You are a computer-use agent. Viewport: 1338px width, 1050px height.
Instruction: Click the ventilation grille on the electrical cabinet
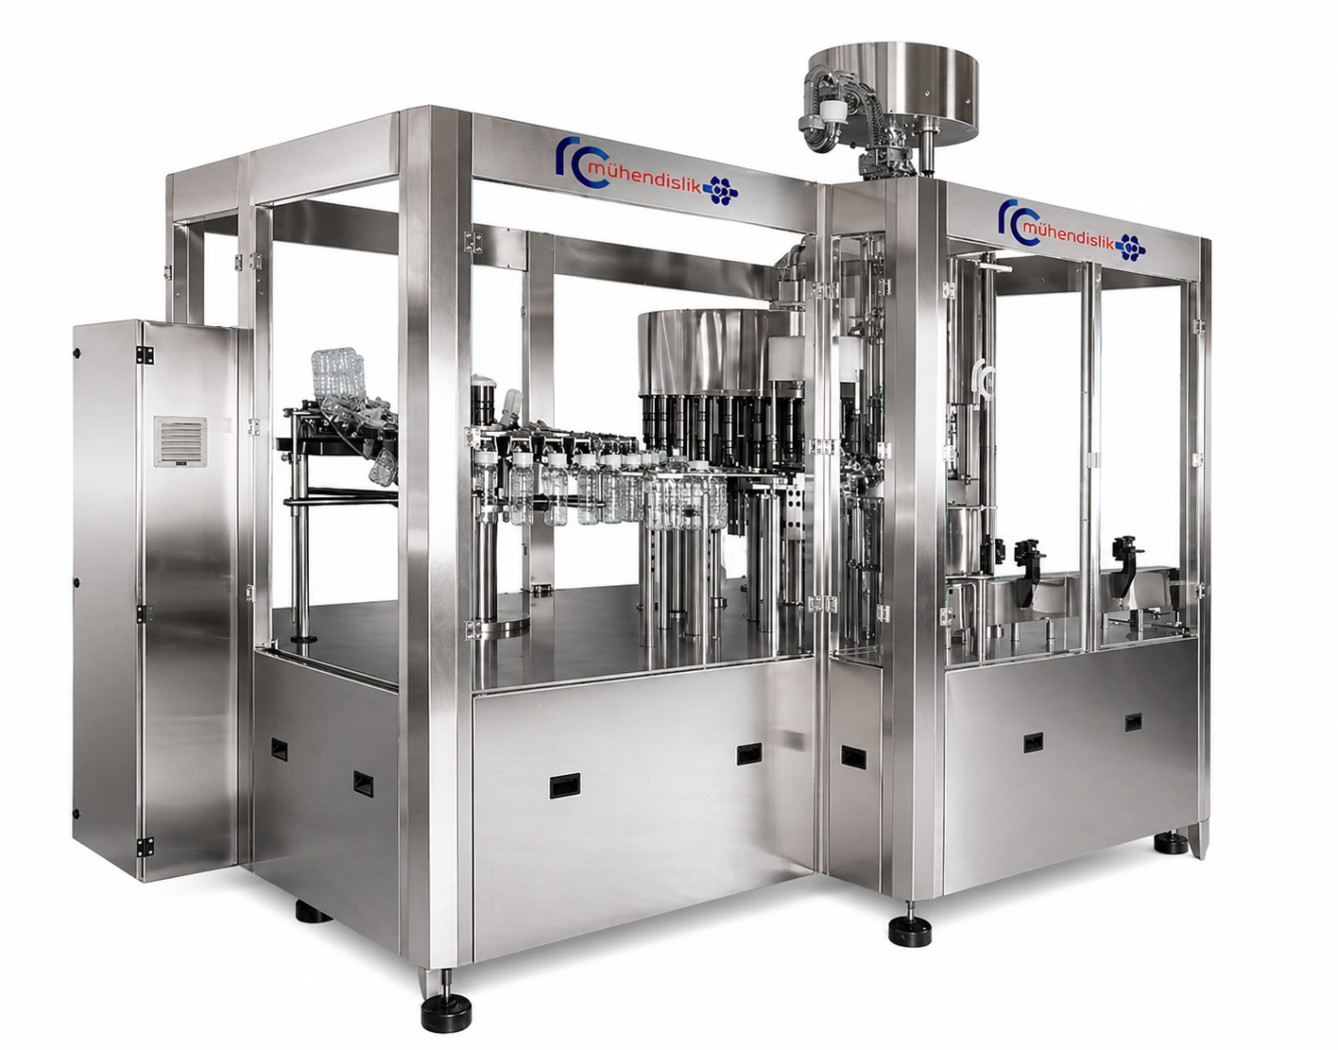[x=180, y=441]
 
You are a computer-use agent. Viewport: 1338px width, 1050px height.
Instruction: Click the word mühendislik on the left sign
[x=644, y=178]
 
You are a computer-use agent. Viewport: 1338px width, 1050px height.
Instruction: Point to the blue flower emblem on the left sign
[x=720, y=190]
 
